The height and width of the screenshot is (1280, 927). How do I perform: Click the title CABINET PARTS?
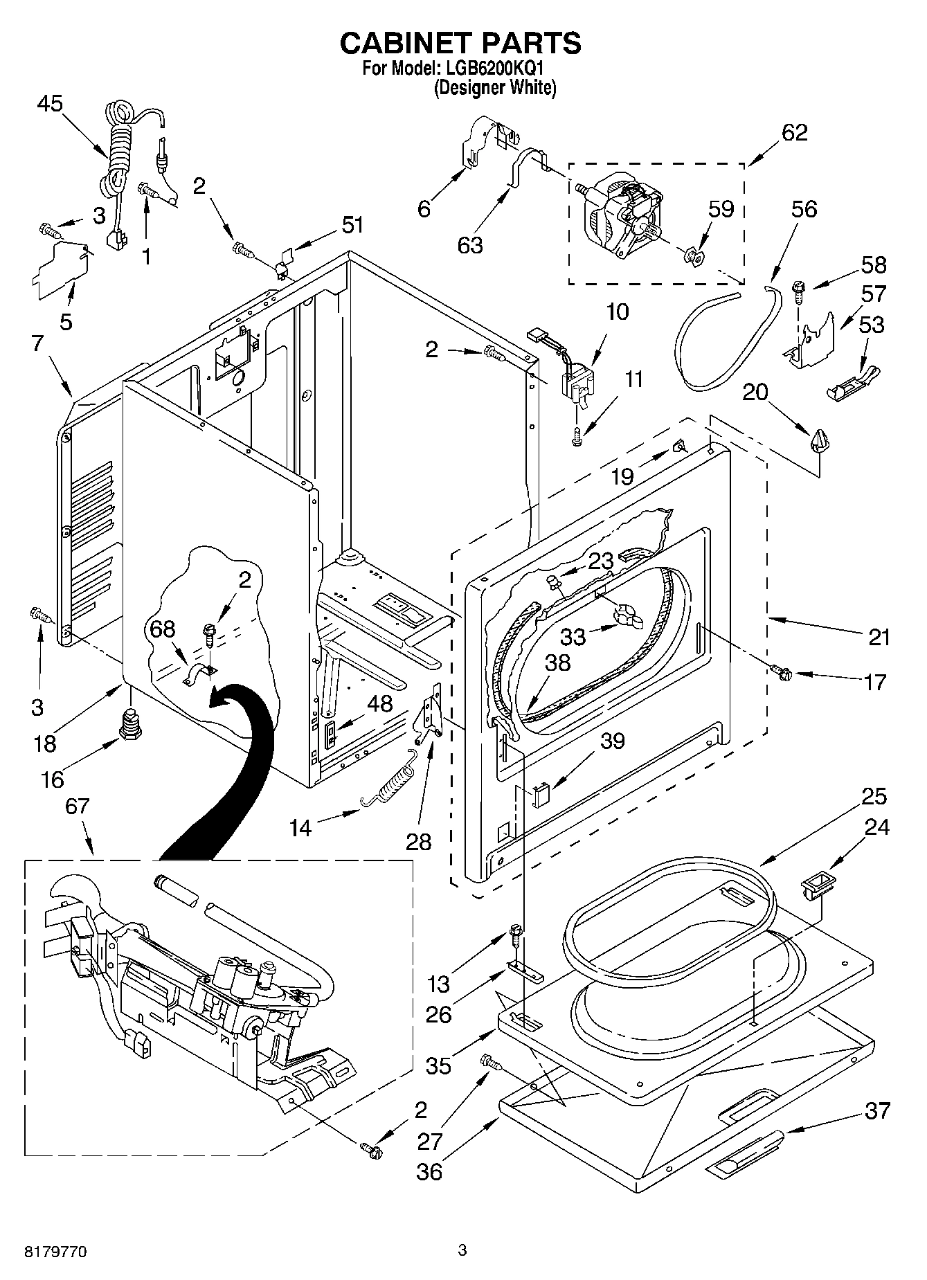pyautogui.click(x=460, y=43)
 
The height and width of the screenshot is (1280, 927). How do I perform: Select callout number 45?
pyautogui.click(x=50, y=104)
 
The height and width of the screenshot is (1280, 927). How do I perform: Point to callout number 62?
pyautogui.click(x=794, y=132)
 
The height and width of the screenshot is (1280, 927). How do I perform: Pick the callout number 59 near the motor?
pyautogui.click(x=720, y=209)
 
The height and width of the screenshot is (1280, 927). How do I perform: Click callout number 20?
pyautogui.click(x=755, y=392)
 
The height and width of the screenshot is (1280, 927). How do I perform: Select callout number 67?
pyautogui.click(x=78, y=806)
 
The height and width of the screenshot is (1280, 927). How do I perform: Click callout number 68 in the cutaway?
pyautogui.click(x=163, y=629)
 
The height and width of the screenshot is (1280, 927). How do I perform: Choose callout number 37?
pyautogui.click(x=878, y=1111)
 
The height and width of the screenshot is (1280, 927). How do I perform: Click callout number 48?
pyautogui.click(x=380, y=703)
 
